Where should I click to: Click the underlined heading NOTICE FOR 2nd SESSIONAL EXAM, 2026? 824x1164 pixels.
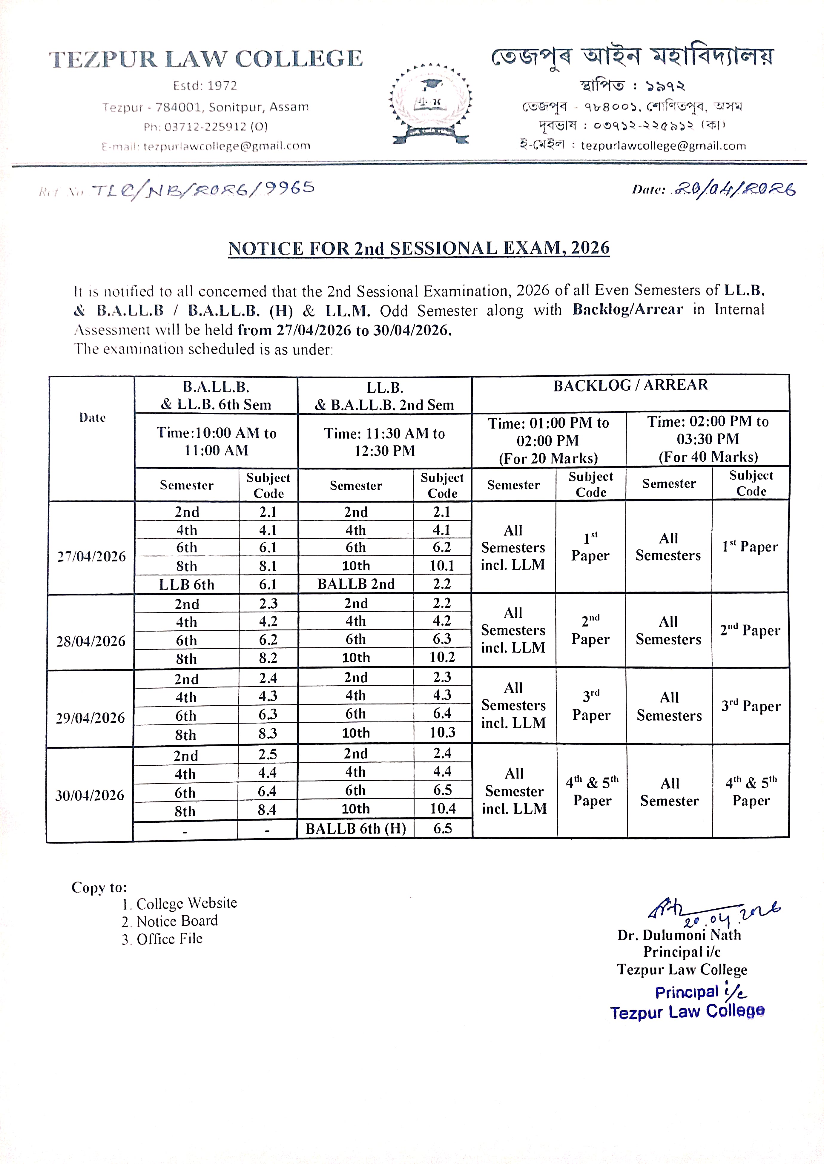(419, 248)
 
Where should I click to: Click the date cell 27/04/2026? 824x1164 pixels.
(91, 556)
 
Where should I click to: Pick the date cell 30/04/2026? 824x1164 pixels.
(90, 795)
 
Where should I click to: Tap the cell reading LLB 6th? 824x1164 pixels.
(187, 584)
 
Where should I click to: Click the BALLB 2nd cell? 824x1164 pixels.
(356, 584)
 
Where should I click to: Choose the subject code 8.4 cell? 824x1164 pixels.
(267, 810)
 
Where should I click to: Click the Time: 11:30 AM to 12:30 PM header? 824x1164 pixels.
(385, 442)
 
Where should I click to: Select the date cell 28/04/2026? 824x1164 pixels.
(91, 641)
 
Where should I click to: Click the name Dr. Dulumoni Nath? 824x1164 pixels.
(679, 935)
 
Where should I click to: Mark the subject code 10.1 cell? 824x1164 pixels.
(442, 566)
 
